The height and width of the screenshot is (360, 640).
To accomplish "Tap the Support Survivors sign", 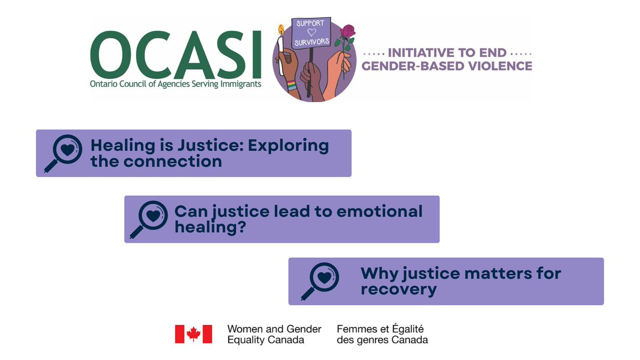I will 310,33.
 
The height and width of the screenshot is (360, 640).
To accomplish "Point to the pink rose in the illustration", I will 348,33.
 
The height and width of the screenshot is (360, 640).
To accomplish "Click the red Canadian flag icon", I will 194,334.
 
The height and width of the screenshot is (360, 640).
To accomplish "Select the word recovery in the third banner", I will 398,290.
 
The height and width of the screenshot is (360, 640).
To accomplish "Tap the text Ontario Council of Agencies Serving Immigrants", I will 176,84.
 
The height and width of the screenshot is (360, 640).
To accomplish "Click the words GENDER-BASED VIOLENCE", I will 447,66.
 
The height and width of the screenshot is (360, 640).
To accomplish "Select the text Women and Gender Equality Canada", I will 274,334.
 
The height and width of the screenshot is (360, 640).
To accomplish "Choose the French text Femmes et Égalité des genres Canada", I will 382,334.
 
